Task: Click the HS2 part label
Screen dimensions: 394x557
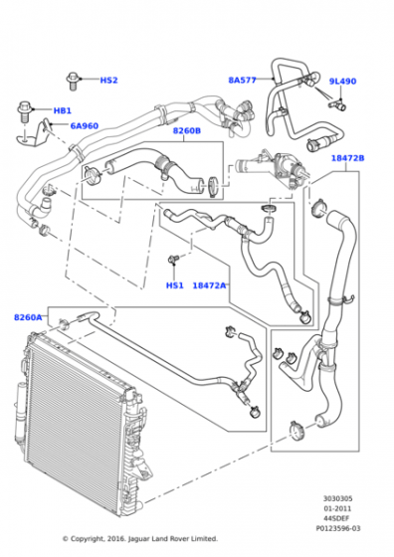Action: point(108,80)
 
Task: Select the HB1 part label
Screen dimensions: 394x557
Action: point(62,110)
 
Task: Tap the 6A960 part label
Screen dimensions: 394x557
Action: point(85,125)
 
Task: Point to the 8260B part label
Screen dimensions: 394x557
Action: point(187,130)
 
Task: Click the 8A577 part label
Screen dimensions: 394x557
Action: point(243,80)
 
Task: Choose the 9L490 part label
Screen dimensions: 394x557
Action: point(342,81)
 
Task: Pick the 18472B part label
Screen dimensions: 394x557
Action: point(348,158)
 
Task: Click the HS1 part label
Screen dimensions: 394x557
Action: point(175,285)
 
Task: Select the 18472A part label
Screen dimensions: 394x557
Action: point(209,285)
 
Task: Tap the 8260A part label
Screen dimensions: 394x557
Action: point(28,317)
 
